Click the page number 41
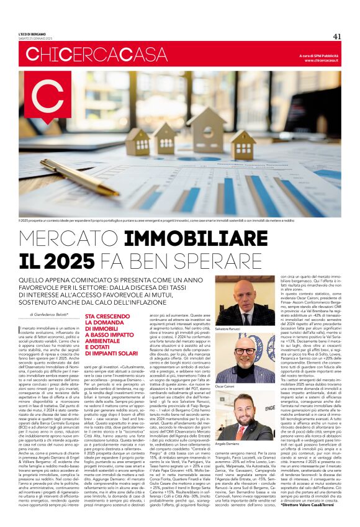click(336, 36)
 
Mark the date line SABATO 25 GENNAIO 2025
click(33, 39)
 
